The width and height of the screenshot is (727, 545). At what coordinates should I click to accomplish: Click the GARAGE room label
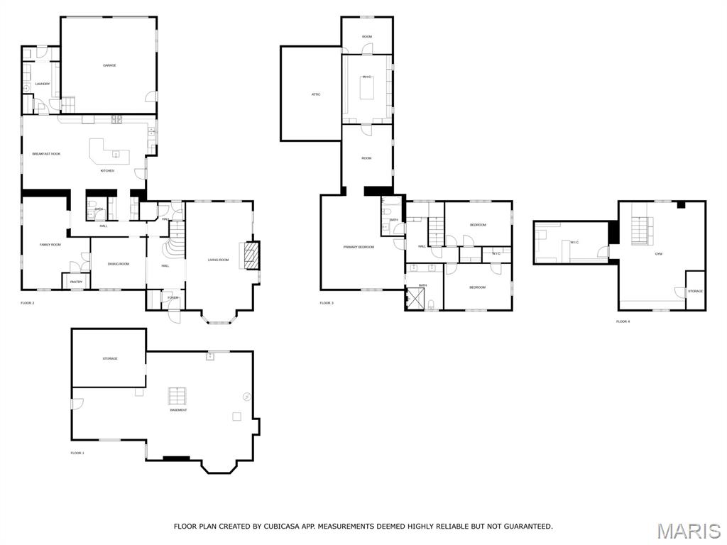pos(109,65)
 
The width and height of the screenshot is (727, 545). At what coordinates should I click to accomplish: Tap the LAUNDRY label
pos(43,84)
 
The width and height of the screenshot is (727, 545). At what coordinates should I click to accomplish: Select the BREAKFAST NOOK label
pos(46,154)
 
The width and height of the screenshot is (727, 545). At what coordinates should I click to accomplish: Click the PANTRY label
pos(76,282)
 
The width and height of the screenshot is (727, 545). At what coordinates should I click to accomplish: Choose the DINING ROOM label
pos(118,263)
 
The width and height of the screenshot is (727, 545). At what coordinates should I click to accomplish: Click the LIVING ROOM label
pos(218,260)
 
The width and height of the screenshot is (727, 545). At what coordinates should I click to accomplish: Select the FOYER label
pos(173,297)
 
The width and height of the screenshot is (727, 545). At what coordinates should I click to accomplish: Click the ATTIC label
pos(316,94)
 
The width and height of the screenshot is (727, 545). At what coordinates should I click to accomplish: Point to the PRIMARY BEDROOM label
pos(359,247)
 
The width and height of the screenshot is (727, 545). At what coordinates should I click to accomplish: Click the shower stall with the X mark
pos(415,299)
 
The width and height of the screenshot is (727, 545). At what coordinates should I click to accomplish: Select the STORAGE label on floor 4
pos(695,291)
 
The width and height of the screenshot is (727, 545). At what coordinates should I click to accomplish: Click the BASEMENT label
pos(178,410)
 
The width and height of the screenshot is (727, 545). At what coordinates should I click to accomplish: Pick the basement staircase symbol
pos(177,396)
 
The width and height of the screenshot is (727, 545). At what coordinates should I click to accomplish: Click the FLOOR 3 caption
pos(327,303)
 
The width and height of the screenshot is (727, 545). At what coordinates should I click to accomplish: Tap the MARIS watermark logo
pos(688,531)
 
